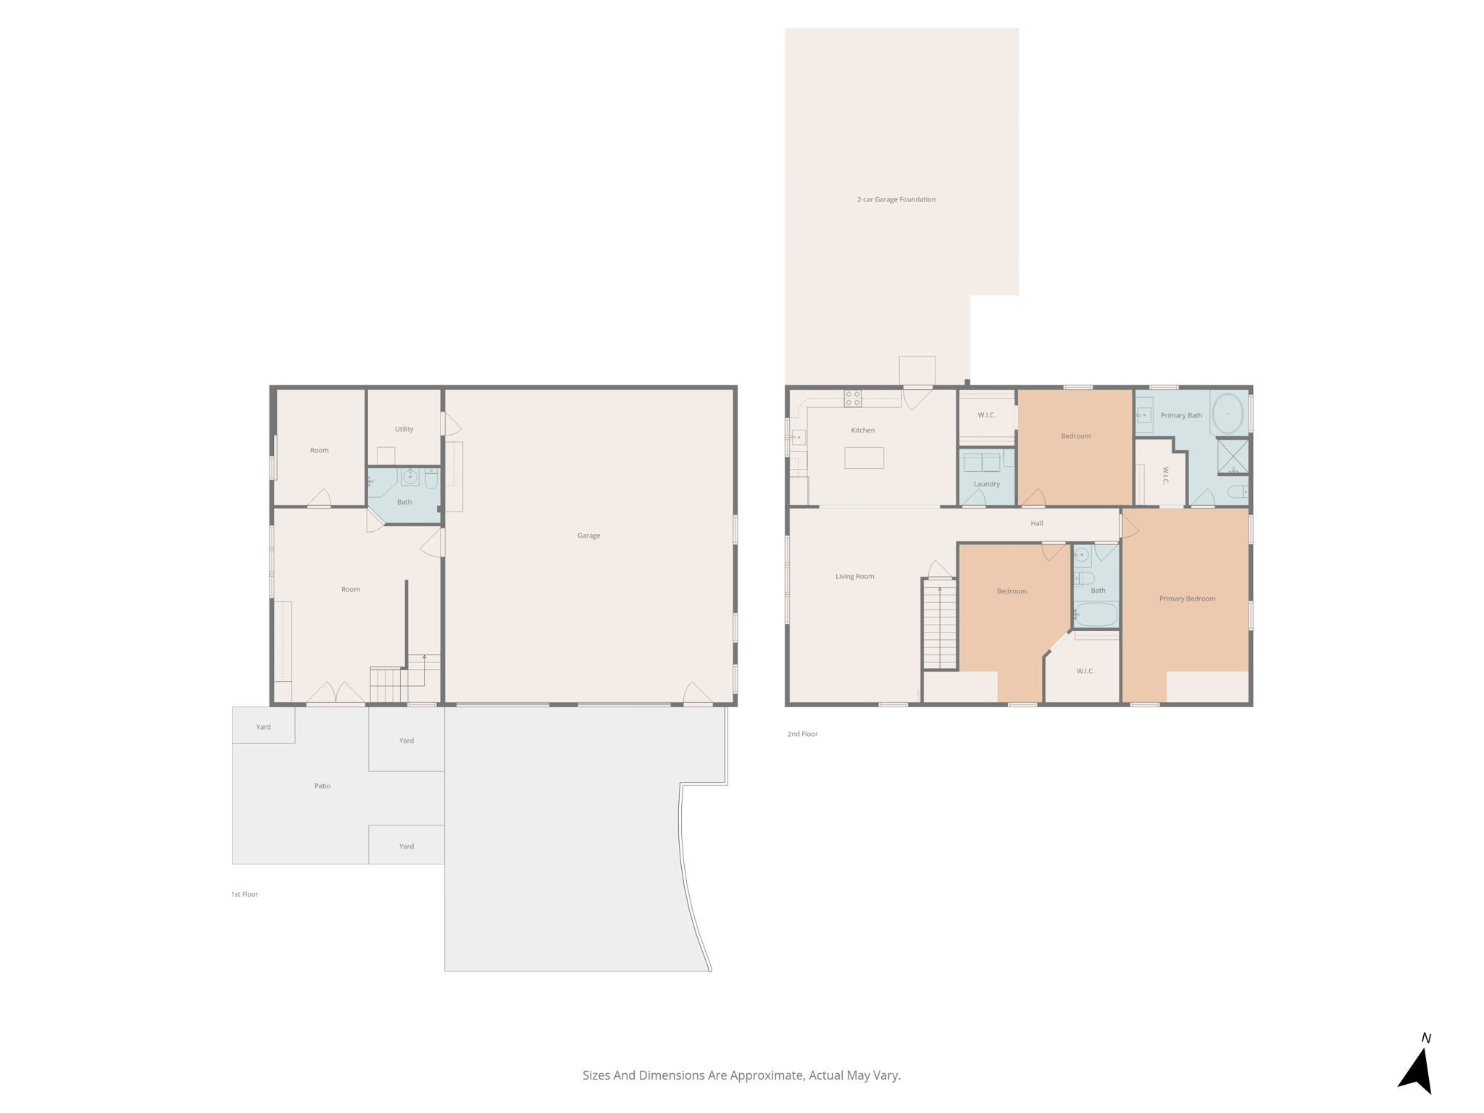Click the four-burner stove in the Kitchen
pos(853,398)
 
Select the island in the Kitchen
pos(864,458)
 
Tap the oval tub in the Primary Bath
pos(1227,413)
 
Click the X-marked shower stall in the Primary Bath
pos(1233,456)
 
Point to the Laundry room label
pos(986,484)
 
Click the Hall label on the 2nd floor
pos(1036,523)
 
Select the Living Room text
pos(854,577)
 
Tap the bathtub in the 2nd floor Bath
pos(1096,614)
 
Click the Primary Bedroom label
pos(1187,599)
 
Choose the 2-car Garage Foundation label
pos(896,199)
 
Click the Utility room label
pos(404,429)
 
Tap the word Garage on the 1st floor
pos(588,535)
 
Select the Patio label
pos(322,785)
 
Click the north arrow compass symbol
pos(1417,1068)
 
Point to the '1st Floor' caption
pos(244,894)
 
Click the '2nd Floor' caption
pos(802,734)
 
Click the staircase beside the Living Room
pos(940,625)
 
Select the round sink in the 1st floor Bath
pos(410,478)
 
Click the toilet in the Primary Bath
pos(1237,492)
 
